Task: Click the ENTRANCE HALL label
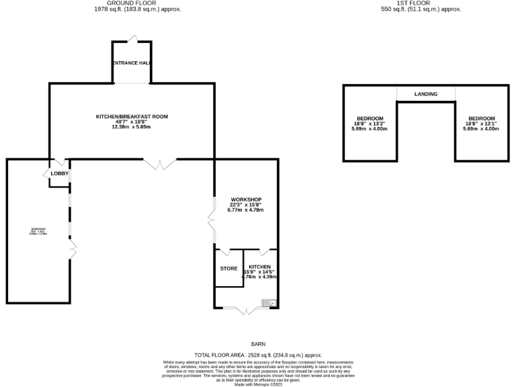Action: [131, 63]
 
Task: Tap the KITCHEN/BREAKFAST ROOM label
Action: [131, 116]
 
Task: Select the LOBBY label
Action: [60, 174]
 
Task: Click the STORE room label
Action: [229, 269]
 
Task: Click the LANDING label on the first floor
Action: [426, 94]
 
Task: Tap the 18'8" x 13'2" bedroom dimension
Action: [370, 124]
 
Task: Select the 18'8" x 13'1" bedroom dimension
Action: [481, 124]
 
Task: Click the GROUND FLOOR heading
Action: [137, 3]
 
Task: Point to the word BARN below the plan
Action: [258, 343]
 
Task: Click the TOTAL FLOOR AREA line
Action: [258, 354]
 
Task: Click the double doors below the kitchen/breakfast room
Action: [160, 163]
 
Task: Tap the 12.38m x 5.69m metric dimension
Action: [131, 127]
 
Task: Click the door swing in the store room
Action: [224, 253]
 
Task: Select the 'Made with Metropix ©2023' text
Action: [258, 384]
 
